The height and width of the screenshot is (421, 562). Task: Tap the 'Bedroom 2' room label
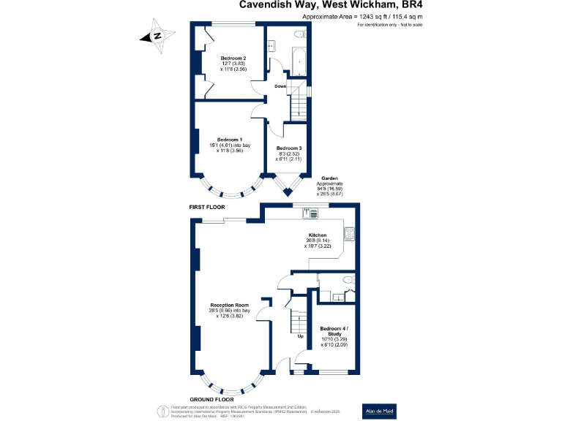pyautogui.click(x=233, y=58)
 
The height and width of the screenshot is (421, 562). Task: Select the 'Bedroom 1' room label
pyautogui.click(x=231, y=140)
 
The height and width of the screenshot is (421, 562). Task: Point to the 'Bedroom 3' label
pyautogui.click(x=288, y=148)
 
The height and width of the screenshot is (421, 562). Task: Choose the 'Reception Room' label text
pyautogui.click(x=230, y=305)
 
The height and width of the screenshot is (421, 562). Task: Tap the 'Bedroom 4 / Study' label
pyautogui.click(x=334, y=330)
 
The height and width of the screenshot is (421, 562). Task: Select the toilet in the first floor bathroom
pyautogui.click(x=299, y=34)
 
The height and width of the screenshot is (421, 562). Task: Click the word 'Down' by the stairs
pyautogui.click(x=280, y=86)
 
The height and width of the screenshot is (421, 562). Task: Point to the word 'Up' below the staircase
pyautogui.click(x=300, y=337)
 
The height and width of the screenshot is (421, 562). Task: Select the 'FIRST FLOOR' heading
pyautogui.click(x=206, y=208)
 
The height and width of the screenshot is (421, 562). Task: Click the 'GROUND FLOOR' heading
pyautogui.click(x=211, y=400)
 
